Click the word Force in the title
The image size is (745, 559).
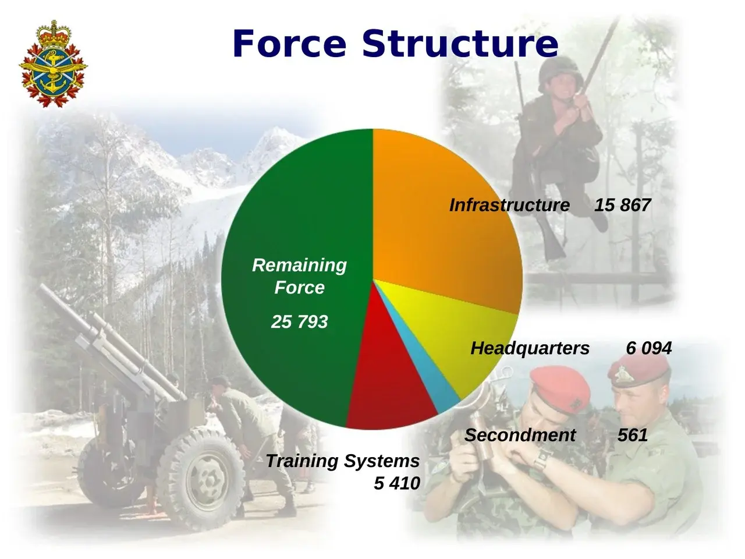[289, 44]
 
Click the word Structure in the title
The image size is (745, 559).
[460, 44]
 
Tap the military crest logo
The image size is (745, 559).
[54, 65]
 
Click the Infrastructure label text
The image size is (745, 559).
[509, 205]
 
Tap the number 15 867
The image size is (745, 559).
[622, 205]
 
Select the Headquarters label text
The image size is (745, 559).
[530, 348]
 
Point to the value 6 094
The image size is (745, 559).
[648, 348]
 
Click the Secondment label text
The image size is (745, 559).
[520, 435]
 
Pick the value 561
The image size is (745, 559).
[633, 435]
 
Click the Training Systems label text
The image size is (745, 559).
[343, 461]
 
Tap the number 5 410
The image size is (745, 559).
[397, 483]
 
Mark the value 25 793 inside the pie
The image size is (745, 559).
[299, 321]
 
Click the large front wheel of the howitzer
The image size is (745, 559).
[201, 478]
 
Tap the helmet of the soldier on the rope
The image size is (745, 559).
[560, 72]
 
